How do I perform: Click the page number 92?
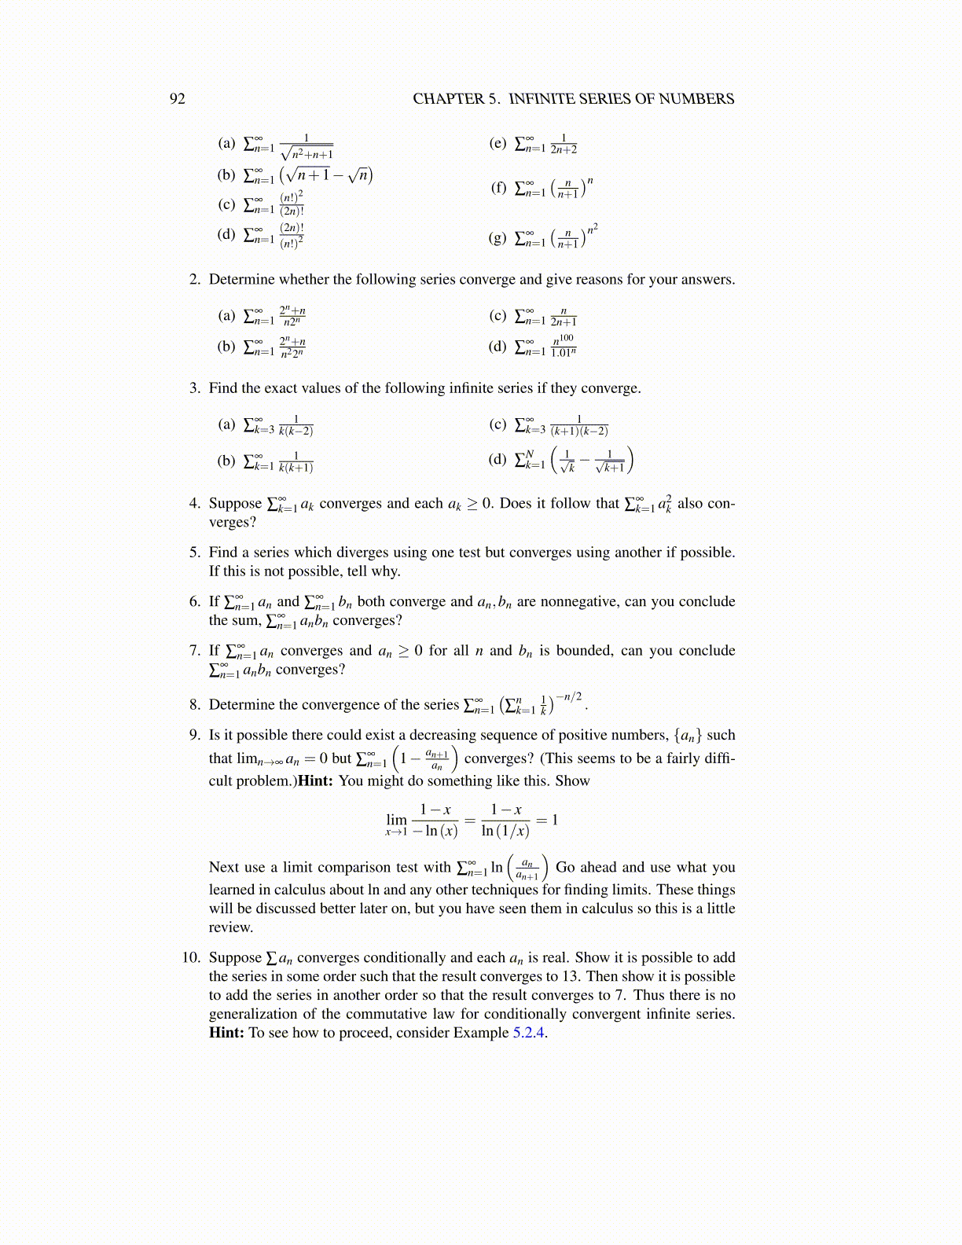[178, 99]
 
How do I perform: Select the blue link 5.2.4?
[529, 1033]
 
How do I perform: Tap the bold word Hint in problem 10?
[226, 1033]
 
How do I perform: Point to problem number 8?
[195, 705]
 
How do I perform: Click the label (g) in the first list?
[498, 237]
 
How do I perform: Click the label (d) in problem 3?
[498, 458]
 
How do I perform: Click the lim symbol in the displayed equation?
[397, 820]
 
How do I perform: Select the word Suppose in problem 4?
[235, 504]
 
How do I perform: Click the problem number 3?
[195, 388]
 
